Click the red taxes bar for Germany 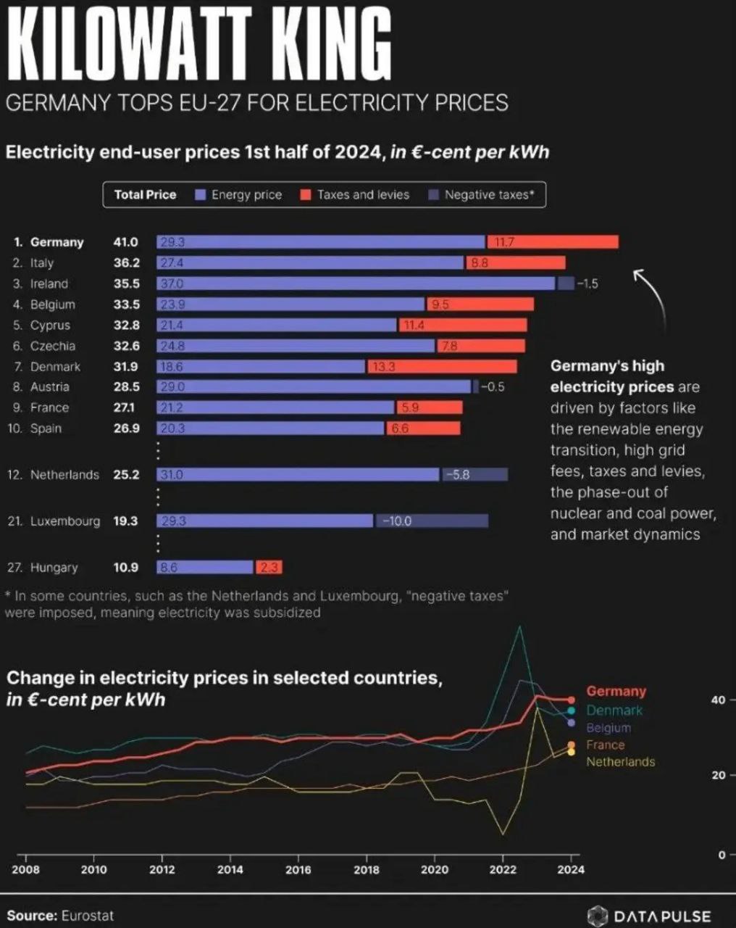coord(553,242)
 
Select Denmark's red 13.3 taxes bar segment coord(442,367)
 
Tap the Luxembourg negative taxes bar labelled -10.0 coord(431,521)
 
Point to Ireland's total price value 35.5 coord(126,283)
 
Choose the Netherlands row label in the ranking coord(64,475)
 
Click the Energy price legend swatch coord(201,195)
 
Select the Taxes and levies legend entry coord(355,195)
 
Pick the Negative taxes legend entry coord(481,195)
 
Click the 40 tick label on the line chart coord(718,700)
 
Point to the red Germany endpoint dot coord(571,700)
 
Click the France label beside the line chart coord(605,745)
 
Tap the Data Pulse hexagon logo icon coord(596,915)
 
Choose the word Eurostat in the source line coord(88,916)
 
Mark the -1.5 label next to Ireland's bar coord(587,283)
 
